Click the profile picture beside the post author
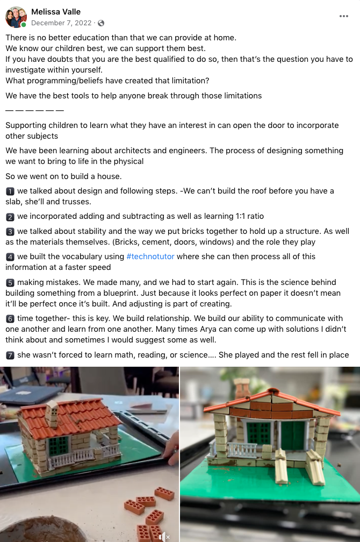point(16,17)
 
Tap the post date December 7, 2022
point(62,23)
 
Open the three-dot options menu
point(344,16)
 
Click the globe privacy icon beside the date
point(101,23)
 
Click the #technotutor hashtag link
point(150,256)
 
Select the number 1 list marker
point(10,191)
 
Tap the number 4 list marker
point(10,257)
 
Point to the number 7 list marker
point(10,355)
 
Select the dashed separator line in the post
point(34,110)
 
